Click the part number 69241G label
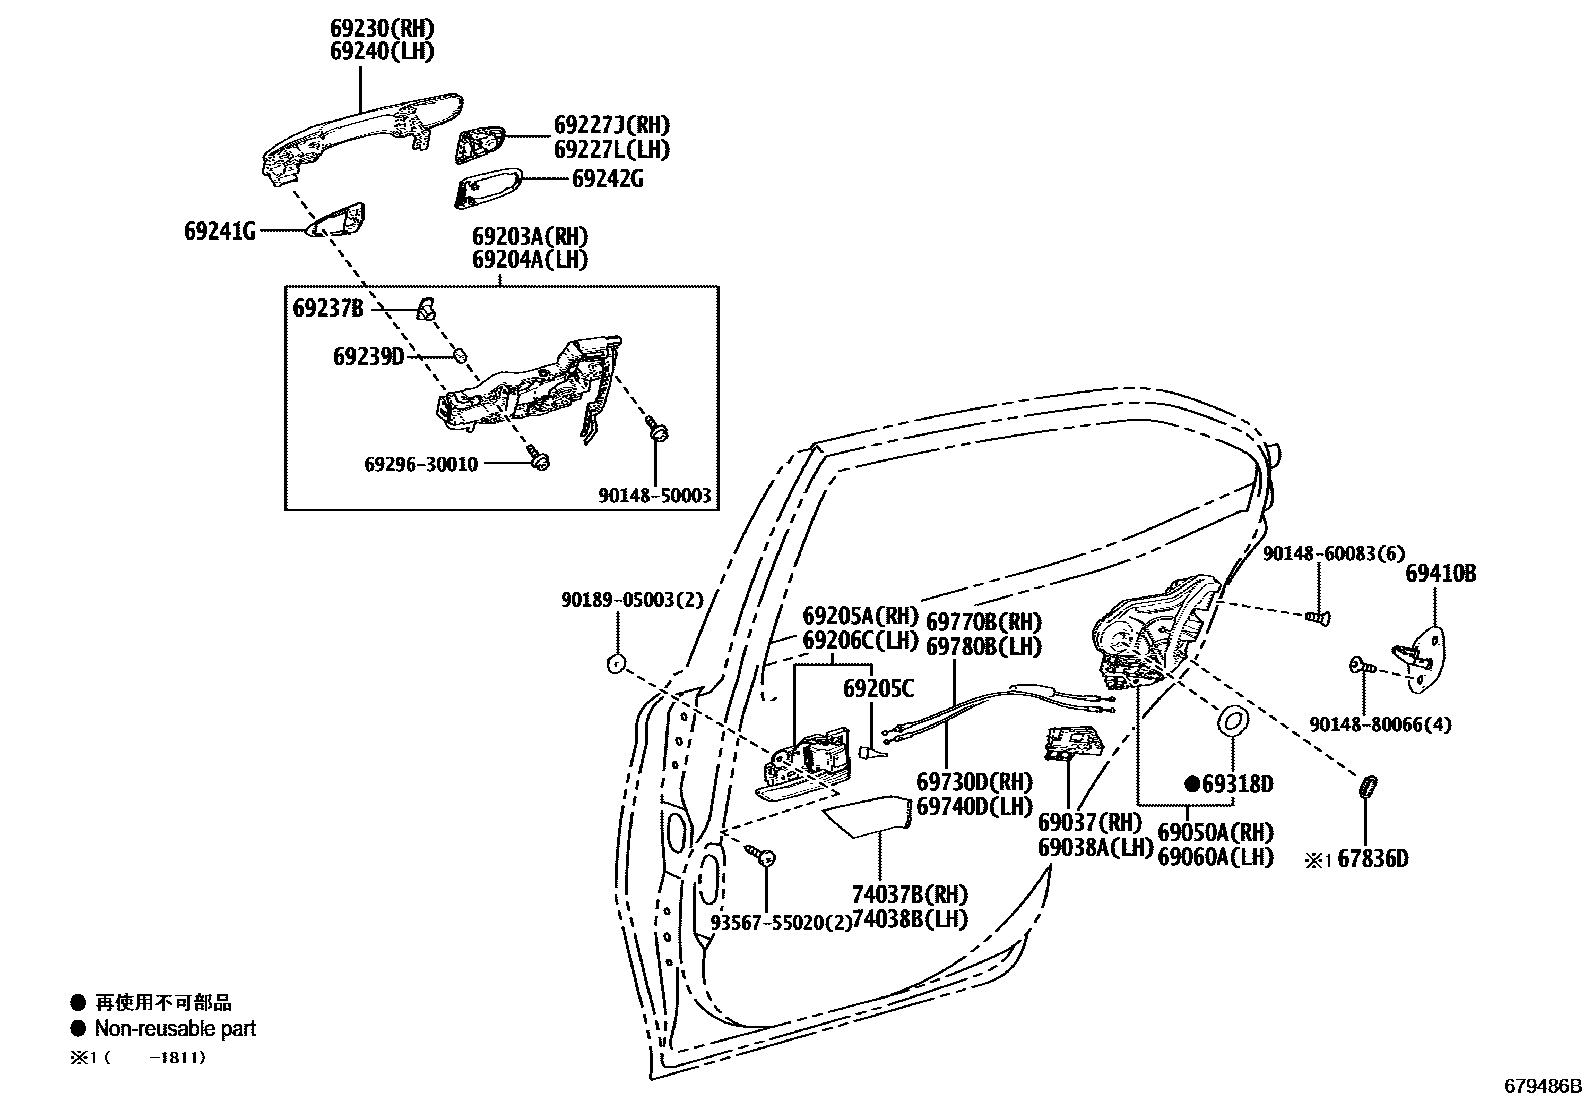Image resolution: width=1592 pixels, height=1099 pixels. (219, 231)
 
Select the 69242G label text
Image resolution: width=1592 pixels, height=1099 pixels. (607, 179)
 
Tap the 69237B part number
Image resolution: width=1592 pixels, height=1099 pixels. (328, 308)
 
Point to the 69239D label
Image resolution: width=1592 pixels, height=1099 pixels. (368, 356)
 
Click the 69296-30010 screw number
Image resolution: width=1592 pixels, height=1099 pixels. (421, 464)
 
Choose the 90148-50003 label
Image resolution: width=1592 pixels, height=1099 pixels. (655, 494)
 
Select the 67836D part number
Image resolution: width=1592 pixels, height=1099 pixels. (1373, 858)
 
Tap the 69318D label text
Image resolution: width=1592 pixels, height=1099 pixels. (1236, 783)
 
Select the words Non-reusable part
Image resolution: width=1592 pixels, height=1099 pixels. (175, 1028)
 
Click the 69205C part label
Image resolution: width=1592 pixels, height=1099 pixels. (877, 688)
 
